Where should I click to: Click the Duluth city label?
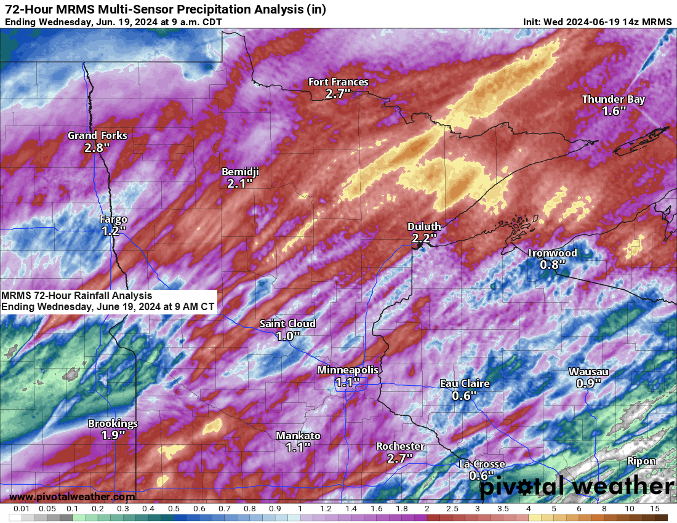[x=424, y=226]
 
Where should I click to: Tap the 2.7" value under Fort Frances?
[x=338, y=94]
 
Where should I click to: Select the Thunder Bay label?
[x=614, y=99]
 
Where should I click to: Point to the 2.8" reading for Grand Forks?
[x=97, y=148]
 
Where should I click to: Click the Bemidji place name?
[x=240, y=172]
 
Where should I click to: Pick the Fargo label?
[x=114, y=219]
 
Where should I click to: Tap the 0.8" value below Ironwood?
[x=552, y=265]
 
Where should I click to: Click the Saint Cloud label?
[x=287, y=324]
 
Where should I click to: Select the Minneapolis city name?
[x=348, y=370]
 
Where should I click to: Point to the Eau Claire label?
[x=465, y=383]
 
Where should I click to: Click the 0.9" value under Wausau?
[x=588, y=383]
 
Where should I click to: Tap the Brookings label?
[x=113, y=423]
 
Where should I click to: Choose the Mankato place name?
[x=298, y=436]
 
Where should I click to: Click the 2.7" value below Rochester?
[x=400, y=458]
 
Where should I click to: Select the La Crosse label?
[x=482, y=464]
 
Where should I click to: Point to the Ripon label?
[x=641, y=461]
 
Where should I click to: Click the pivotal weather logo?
[x=576, y=487]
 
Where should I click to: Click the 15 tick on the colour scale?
[x=655, y=509]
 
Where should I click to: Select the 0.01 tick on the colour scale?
[x=22, y=509]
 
